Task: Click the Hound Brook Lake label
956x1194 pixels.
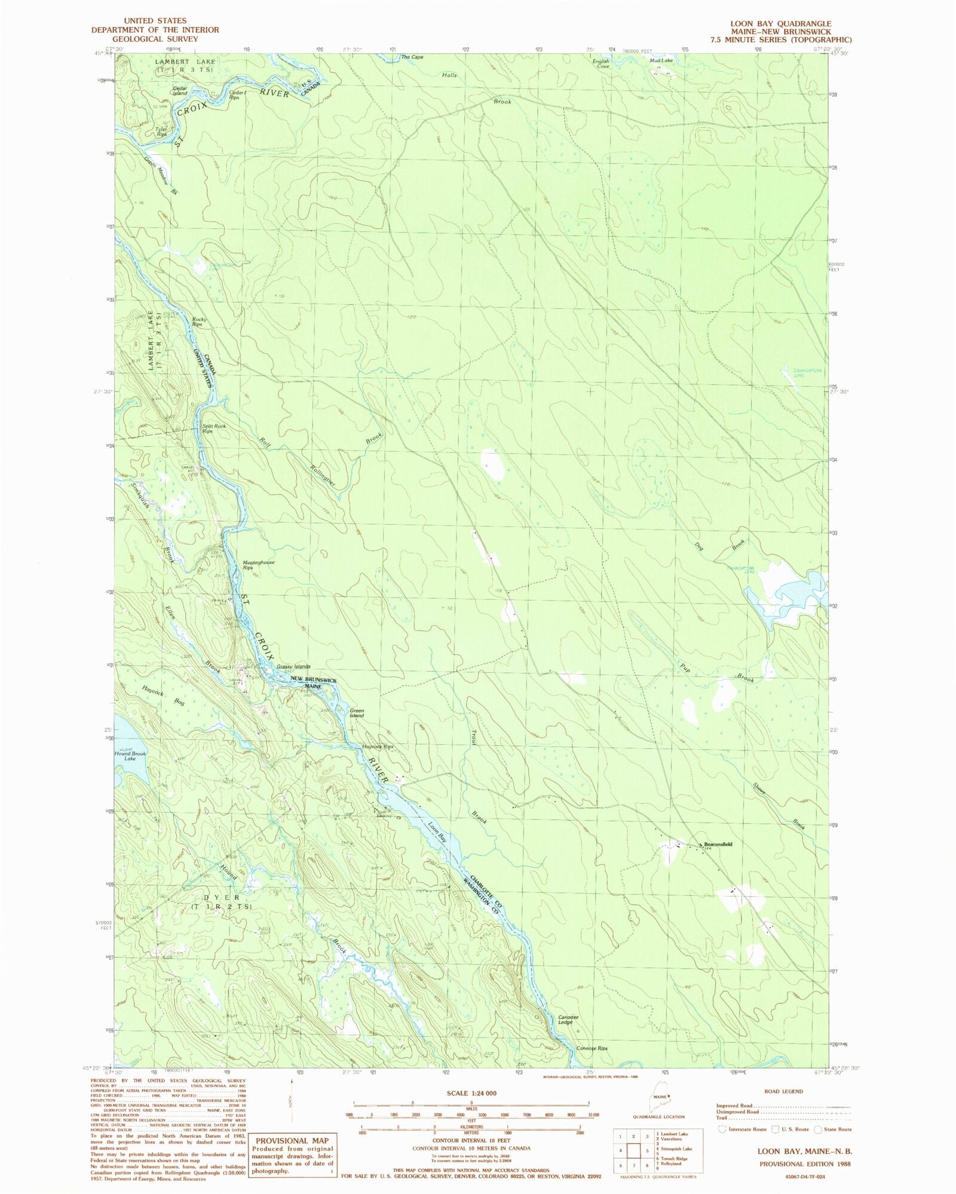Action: tap(130, 756)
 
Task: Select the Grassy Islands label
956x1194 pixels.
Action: tap(293, 666)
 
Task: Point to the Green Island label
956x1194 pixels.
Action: tap(357, 712)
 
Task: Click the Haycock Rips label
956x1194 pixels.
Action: tap(378, 747)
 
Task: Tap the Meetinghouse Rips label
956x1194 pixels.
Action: tap(258, 565)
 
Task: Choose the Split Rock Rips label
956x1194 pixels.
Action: tap(213, 428)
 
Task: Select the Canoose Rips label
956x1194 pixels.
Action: tap(591, 1048)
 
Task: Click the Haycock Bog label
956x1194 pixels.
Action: tap(164, 697)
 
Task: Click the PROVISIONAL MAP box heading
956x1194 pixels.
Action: tap(292, 1140)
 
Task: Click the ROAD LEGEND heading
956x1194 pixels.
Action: tap(784, 1091)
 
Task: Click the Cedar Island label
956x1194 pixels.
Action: tap(180, 91)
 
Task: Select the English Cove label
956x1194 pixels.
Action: tap(600, 63)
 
